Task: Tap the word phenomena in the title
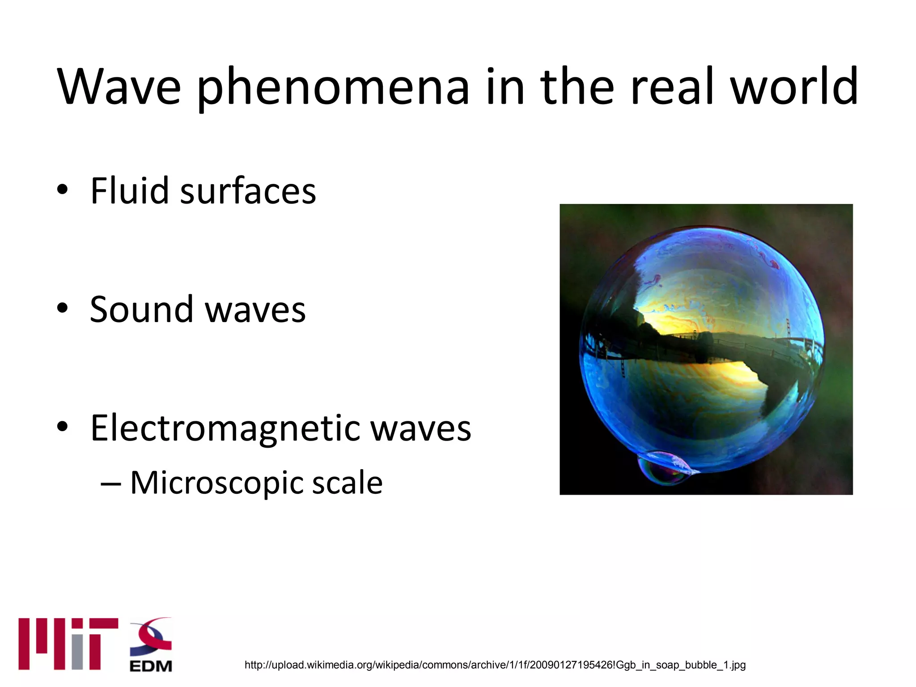click(333, 87)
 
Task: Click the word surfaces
click(248, 191)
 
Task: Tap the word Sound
click(141, 310)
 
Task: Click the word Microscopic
click(216, 483)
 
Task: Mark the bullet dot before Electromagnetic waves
click(62, 426)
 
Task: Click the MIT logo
click(68, 644)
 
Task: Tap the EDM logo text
click(151, 666)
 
